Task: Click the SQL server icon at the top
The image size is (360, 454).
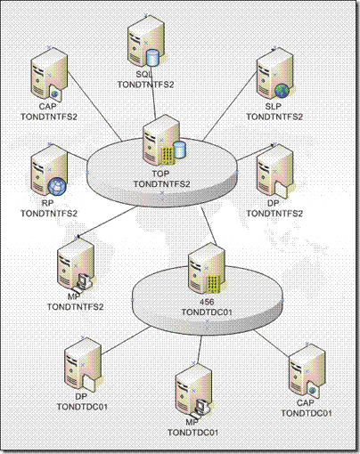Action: click(x=145, y=44)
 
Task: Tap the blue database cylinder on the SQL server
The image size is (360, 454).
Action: click(x=153, y=58)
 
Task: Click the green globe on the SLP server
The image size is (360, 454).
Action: click(x=282, y=91)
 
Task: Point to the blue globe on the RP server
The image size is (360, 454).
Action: click(x=57, y=187)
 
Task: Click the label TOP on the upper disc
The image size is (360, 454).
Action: click(x=160, y=174)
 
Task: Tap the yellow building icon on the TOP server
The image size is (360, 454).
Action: click(x=168, y=156)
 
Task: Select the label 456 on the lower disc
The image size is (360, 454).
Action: click(x=207, y=302)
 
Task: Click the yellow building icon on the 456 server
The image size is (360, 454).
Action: click(x=213, y=284)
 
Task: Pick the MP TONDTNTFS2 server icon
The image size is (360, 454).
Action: click(x=76, y=264)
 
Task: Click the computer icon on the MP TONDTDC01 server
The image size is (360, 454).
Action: click(x=202, y=407)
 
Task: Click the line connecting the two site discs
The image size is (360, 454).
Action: click(x=209, y=226)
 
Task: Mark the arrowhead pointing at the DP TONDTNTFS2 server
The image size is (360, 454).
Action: click(x=273, y=145)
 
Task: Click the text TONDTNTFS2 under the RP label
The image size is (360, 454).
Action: click(x=49, y=214)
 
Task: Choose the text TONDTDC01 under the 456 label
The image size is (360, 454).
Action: click(x=207, y=312)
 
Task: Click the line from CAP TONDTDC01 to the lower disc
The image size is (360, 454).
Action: click(x=272, y=343)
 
